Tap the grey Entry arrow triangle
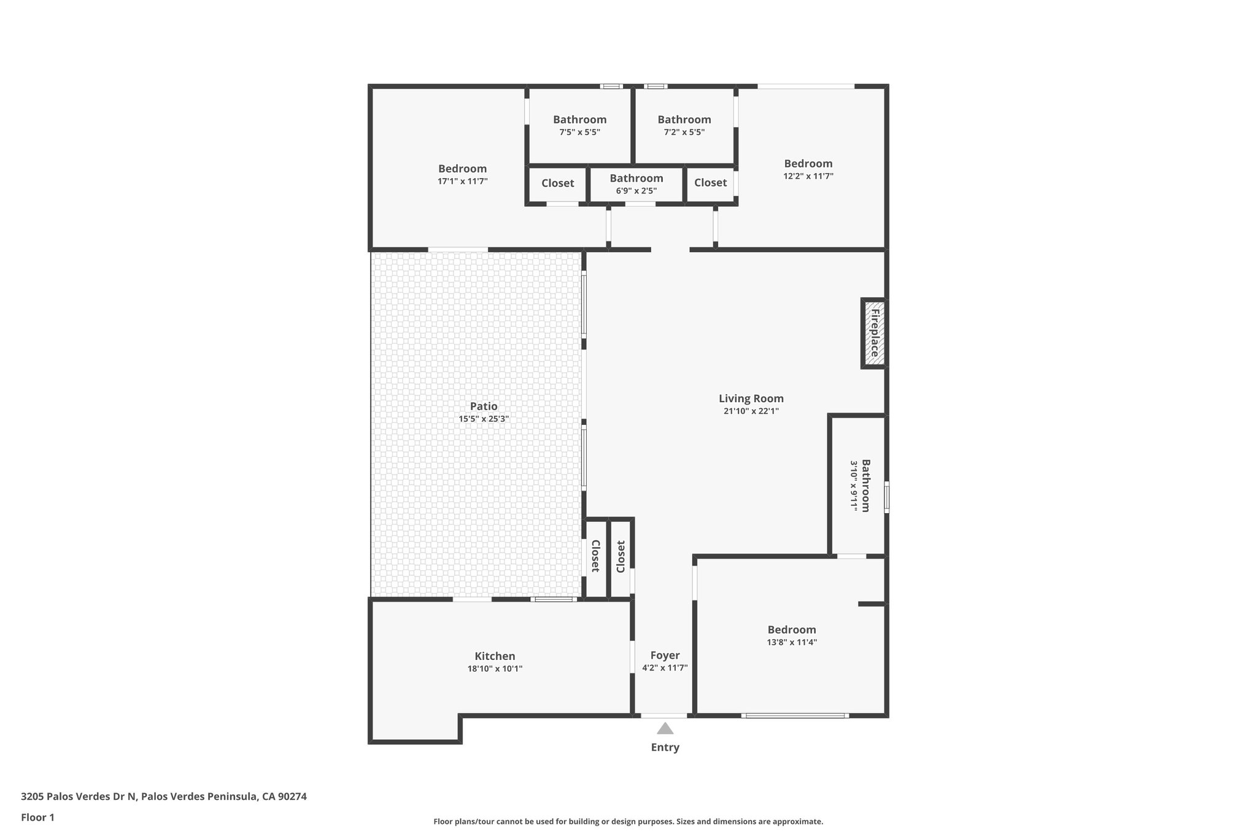665,729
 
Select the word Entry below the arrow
665,747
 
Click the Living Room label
751,398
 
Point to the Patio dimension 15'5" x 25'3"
484,419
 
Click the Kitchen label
495,656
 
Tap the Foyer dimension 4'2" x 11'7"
665,668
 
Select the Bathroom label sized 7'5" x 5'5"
579,120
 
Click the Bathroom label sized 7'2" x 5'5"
684,120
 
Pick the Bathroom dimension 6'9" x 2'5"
636,191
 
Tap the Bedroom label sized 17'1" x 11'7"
462,169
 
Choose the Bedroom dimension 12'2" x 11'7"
808,176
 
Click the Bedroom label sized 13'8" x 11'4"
791,630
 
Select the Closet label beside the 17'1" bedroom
557,183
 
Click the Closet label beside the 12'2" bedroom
710,182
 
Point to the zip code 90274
292,797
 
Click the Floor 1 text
37,817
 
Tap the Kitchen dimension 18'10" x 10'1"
495,669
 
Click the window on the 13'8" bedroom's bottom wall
795,715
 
